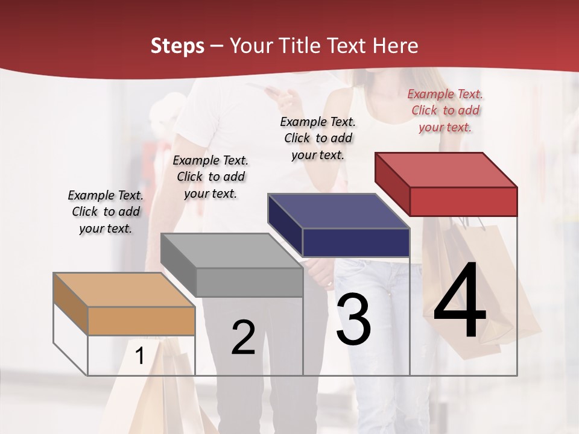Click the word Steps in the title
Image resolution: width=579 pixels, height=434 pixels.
[x=177, y=46]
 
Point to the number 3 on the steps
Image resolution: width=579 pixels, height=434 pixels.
[x=353, y=319]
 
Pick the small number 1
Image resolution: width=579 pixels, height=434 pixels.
[x=139, y=356]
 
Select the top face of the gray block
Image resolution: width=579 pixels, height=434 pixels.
[x=232, y=251]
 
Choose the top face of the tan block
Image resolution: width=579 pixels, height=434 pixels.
[x=124, y=290]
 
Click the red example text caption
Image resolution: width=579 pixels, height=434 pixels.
[x=445, y=111]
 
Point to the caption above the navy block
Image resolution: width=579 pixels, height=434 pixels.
[x=318, y=138]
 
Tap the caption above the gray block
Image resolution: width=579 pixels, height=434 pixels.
[x=210, y=177]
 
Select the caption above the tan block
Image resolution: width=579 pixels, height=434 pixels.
[x=106, y=212]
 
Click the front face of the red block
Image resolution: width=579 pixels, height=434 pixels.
[x=463, y=201]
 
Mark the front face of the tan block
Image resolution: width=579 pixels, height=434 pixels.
[x=141, y=321]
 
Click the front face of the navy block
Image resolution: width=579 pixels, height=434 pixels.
[x=356, y=242]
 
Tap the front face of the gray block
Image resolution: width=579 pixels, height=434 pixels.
[x=249, y=282]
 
